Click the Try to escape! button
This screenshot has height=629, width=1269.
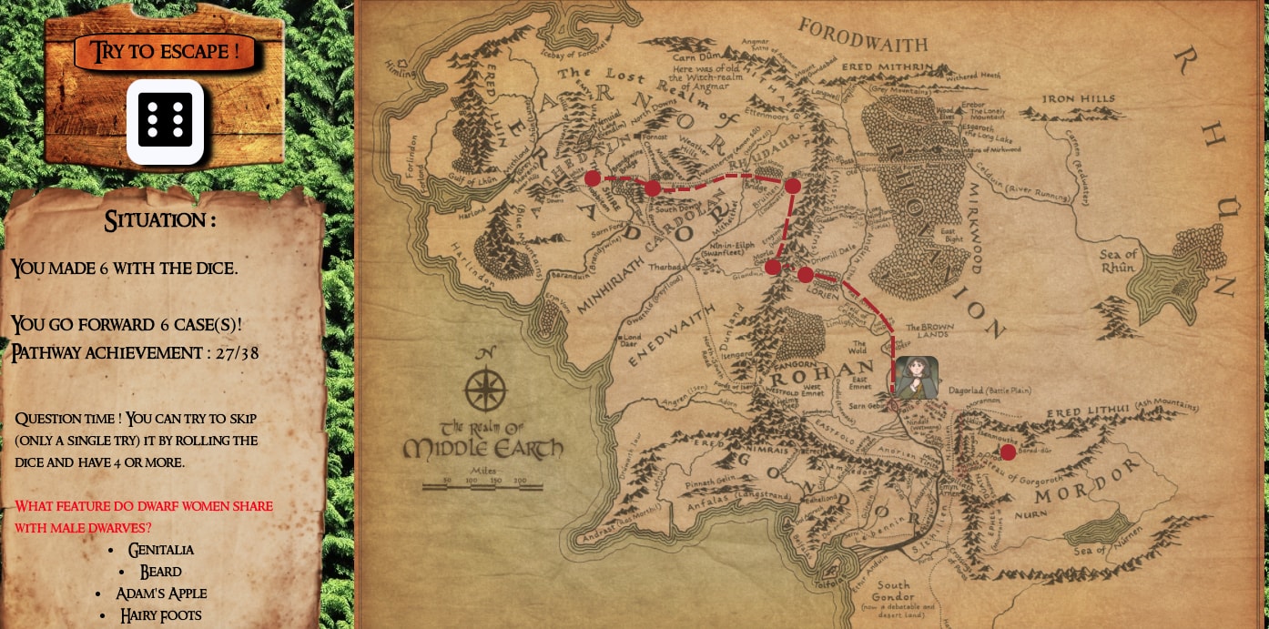coord(165,52)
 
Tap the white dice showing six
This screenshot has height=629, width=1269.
coord(165,122)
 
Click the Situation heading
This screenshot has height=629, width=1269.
coord(160,220)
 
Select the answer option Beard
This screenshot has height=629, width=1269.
coord(161,572)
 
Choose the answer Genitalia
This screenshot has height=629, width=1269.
coord(161,550)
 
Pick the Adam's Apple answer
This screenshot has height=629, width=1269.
coord(161,593)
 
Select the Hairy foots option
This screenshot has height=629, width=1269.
coord(161,615)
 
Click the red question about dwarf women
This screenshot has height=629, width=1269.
coord(144,516)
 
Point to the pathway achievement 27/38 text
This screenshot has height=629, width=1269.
coord(135,353)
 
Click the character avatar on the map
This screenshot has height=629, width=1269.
coord(916,377)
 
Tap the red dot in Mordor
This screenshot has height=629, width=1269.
coord(1008,451)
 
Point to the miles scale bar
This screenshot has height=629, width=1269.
coord(482,486)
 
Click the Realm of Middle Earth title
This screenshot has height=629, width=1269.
coord(483,440)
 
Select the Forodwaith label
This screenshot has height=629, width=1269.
coord(862,36)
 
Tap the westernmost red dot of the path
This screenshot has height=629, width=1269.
coord(593,178)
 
